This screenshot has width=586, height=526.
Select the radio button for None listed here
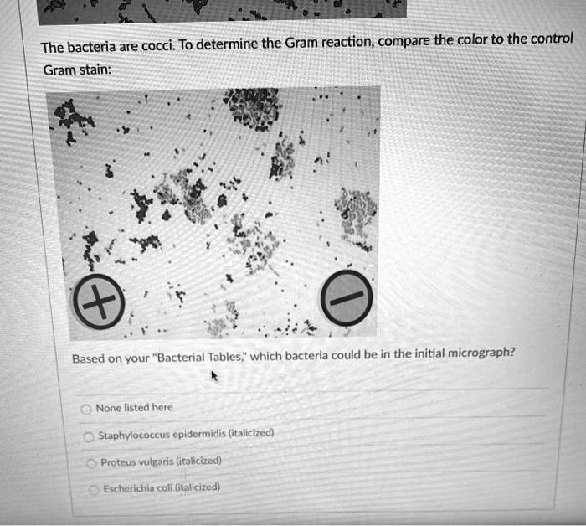tap(85, 409)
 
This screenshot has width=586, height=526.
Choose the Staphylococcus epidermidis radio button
tap(89, 436)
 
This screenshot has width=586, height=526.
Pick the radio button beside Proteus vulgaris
tap(91, 463)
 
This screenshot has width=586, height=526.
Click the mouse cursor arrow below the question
tap(214, 378)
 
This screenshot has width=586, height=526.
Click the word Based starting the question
tap(87, 359)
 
